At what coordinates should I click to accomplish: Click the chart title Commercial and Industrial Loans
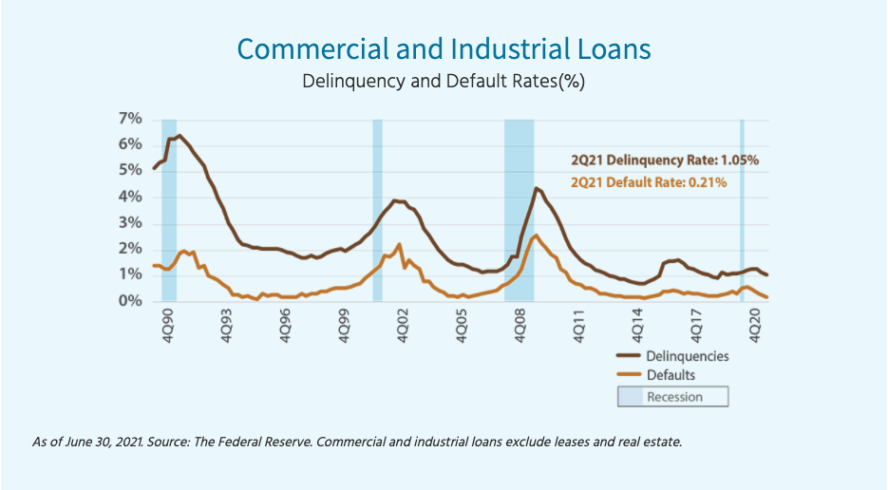[444, 48]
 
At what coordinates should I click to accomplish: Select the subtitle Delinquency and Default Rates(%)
[444, 81]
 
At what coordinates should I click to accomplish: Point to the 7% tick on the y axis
[130, 119]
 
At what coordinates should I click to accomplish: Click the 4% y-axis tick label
[130, 198]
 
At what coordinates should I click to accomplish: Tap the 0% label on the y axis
[130, 302]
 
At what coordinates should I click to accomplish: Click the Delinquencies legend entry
[687, 355]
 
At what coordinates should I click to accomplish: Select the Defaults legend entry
[671, 375]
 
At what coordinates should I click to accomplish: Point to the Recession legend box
[673, 396]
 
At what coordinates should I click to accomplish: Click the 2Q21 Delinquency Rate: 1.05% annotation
[664, 160]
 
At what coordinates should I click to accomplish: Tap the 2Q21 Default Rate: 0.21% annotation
[649, 181]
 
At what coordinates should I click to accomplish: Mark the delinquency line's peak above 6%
[179, 136]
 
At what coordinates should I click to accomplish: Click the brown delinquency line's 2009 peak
[536, 188]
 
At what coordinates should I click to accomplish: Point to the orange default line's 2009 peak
[536, 236]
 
